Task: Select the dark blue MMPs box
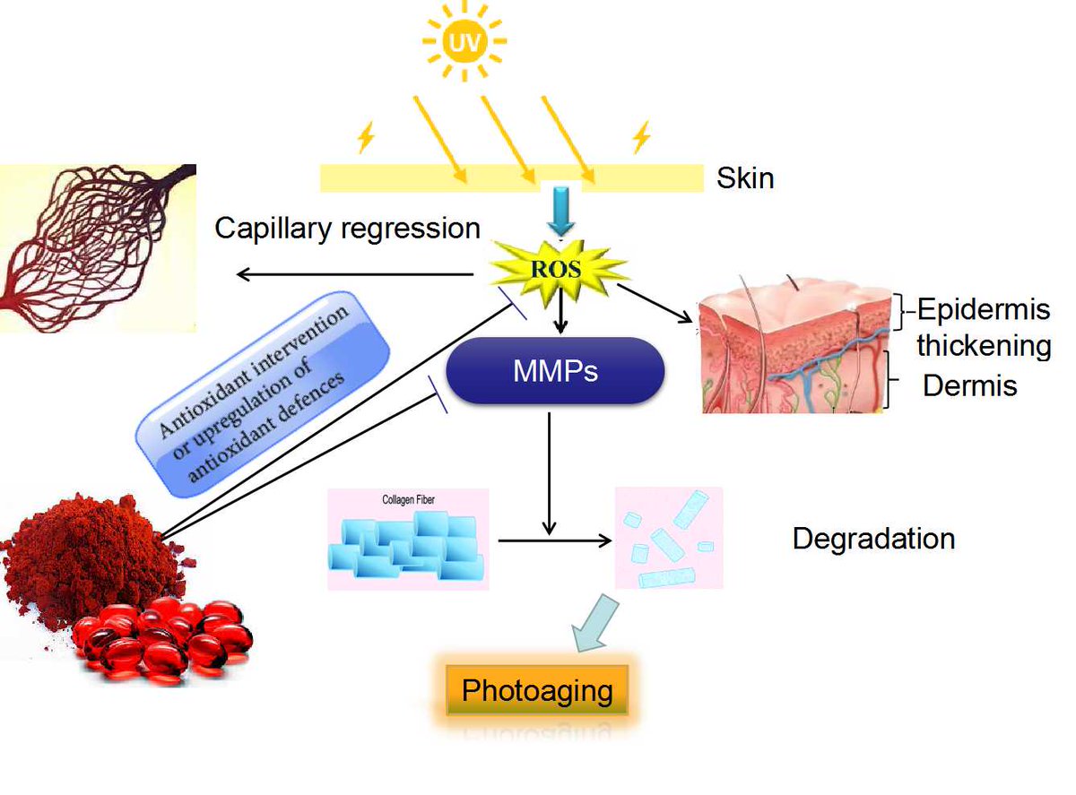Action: pos(556,369)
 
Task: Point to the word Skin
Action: pos(745,177)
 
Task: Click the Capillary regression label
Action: pos(348,228)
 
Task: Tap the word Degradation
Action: pos(873,539)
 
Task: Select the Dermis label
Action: pos(970,385)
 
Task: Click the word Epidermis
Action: pos(983,310)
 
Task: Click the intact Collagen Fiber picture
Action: pos(408,540)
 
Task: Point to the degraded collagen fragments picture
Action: pos(669,539)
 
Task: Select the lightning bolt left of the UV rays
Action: pos(365,137)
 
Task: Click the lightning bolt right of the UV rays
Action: pos(640,137)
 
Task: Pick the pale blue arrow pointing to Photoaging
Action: pos(594,622)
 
